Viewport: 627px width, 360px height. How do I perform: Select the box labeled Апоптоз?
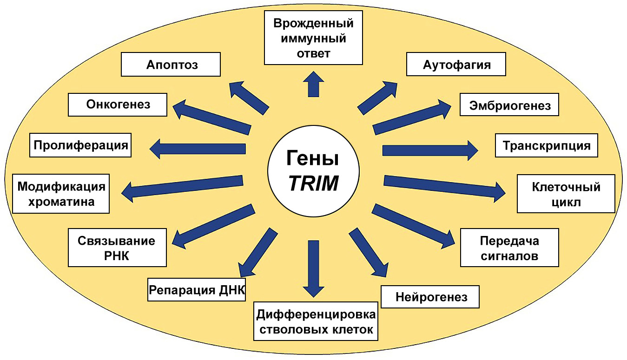point(171,64)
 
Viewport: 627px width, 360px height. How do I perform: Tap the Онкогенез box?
point(118,104)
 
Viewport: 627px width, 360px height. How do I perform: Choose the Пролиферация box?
point(80,145)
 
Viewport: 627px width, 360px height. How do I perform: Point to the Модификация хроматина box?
point(61,194)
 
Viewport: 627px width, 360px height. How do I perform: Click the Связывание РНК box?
point(117,248)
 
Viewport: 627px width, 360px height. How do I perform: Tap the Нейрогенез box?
point(430,296)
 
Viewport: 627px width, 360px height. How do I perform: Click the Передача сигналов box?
point(509,248)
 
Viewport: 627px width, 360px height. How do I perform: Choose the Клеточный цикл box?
point(566,194)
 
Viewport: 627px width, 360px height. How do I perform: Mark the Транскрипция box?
point(546,145)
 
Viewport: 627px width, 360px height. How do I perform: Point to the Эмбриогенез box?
point(509,105)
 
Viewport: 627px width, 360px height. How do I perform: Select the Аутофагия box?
point(456,64)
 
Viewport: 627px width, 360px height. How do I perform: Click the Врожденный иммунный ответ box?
point(314,38)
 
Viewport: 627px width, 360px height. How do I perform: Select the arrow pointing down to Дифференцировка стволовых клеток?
point(314,267)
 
